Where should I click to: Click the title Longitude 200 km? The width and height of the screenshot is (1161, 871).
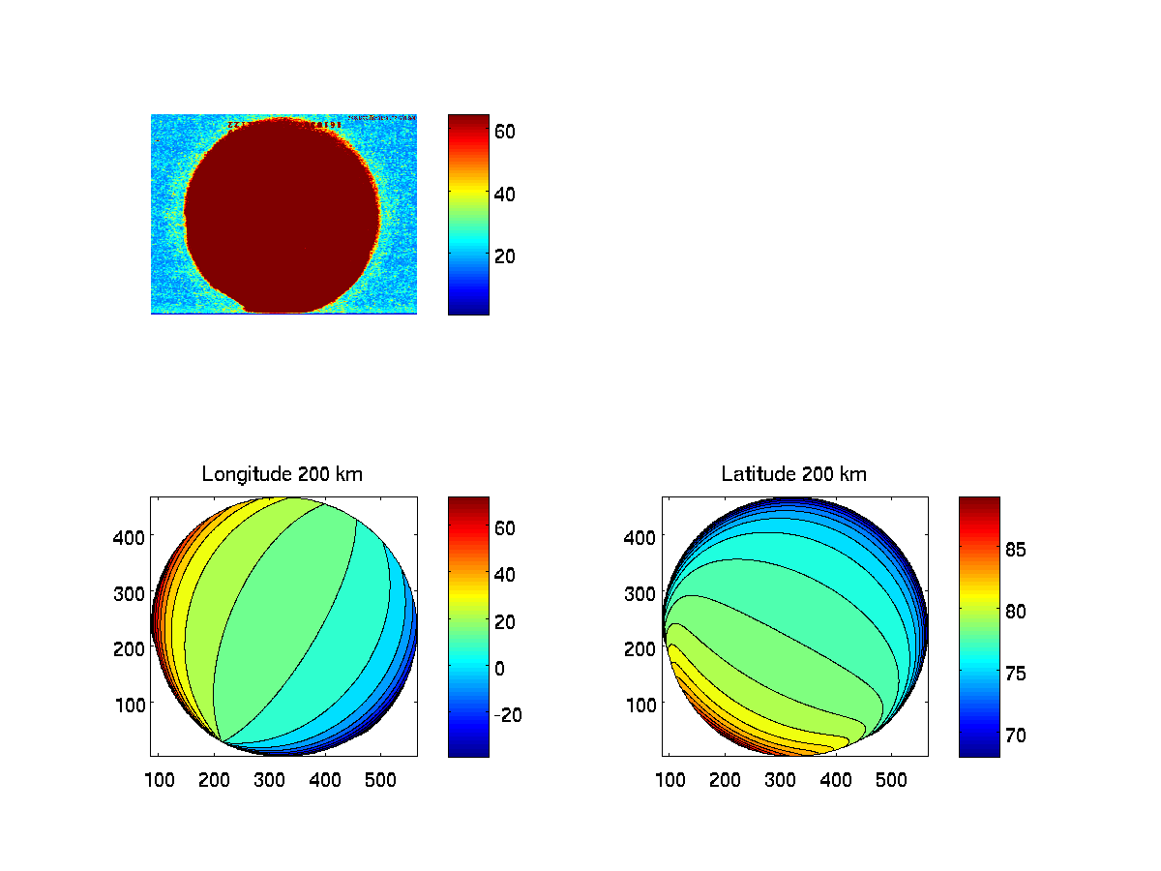pyautogui.click(x=283, y=474)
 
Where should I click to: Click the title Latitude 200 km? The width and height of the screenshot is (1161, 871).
pyautogui.click(x=794, y=474)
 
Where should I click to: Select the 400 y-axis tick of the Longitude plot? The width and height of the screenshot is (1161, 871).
pyautogui.click(x=130, y=535)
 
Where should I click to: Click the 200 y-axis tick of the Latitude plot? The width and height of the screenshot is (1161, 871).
pyautogui.click(x=641, y=647)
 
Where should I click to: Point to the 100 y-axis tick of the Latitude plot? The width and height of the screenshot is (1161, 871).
pyautogui.click(x=641, y=704)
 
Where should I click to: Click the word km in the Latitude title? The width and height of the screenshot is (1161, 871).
pyautogui.click(x=853, y=474)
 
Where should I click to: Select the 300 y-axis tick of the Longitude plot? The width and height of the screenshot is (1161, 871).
pyautogui.click(x=130, y=591)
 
